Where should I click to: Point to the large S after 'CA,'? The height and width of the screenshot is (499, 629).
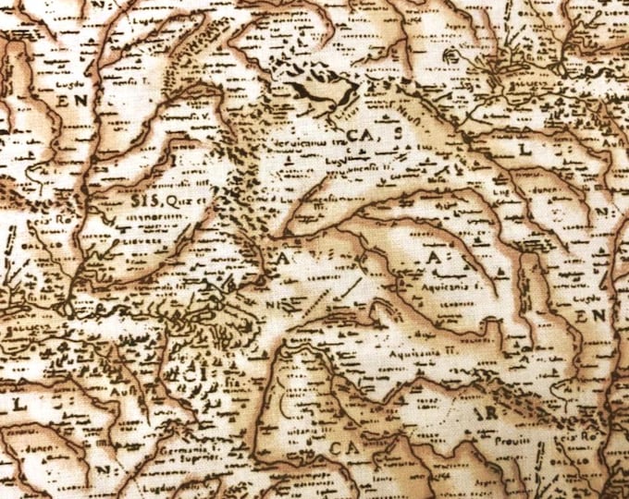396,135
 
